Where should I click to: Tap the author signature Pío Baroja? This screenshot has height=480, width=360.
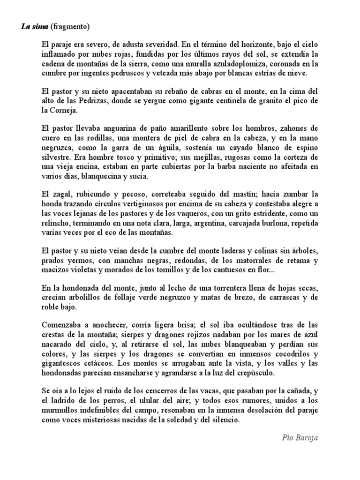[300, 438]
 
